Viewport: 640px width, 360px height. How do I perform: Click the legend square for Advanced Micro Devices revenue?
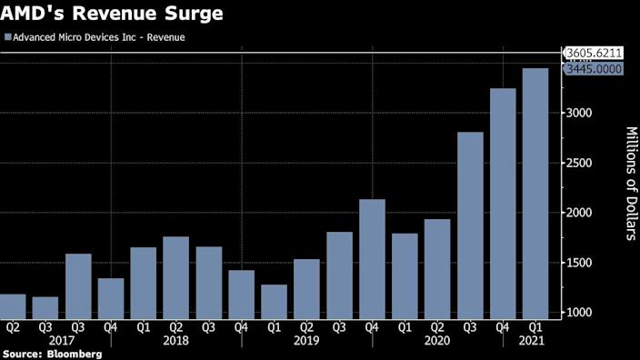click(8, 38)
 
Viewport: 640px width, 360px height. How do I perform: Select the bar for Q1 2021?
click(535, 192)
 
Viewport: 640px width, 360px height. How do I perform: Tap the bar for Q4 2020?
click(503, 201)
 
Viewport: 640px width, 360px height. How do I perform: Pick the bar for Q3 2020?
click(470, 224)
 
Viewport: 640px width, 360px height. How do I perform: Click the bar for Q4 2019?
click(372, 257)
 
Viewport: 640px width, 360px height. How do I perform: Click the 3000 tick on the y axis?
click(582, 113)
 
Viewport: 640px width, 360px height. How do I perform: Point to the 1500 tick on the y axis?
click(582, 263)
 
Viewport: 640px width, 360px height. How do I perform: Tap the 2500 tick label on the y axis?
click(582, 163)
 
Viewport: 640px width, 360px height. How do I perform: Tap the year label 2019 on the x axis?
click(307, 340)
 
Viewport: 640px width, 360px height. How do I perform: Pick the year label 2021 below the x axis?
click(535, 340)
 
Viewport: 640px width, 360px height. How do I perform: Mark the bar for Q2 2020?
click(437, 267)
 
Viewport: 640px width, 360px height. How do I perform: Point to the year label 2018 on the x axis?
click(175, 340)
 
